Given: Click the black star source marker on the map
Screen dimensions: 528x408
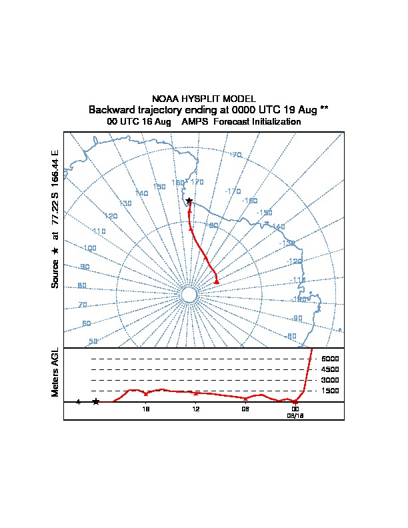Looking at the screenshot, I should pos(189,201).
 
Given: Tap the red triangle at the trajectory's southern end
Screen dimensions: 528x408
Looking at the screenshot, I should pos(217,282).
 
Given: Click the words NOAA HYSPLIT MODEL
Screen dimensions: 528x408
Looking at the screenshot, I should pos(204,99).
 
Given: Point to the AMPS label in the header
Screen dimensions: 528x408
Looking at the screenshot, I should pos(195,122).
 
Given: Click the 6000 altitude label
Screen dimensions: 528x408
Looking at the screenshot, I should pos(330,359).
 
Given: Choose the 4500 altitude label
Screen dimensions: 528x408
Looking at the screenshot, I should pos(330,369).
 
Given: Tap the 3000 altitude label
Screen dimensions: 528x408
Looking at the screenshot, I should pos(330,380).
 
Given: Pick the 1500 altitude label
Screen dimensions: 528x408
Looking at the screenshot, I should pos(330,391).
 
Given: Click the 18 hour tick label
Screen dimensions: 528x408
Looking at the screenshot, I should pos(146,409).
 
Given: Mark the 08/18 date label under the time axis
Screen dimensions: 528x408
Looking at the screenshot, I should pos(295,415).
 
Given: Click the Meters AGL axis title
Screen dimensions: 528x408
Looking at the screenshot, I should pos(55,372).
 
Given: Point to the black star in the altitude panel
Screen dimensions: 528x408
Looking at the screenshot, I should pos(96,401).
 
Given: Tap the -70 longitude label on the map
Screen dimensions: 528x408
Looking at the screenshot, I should pos(236,155).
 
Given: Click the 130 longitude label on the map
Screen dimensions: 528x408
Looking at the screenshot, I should pos(125,203).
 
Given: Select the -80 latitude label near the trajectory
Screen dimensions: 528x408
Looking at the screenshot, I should pos(213,225).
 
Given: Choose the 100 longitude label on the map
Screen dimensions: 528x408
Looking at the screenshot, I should pos(89,248).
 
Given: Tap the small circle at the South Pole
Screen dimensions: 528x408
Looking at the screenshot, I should pos(189,295).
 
